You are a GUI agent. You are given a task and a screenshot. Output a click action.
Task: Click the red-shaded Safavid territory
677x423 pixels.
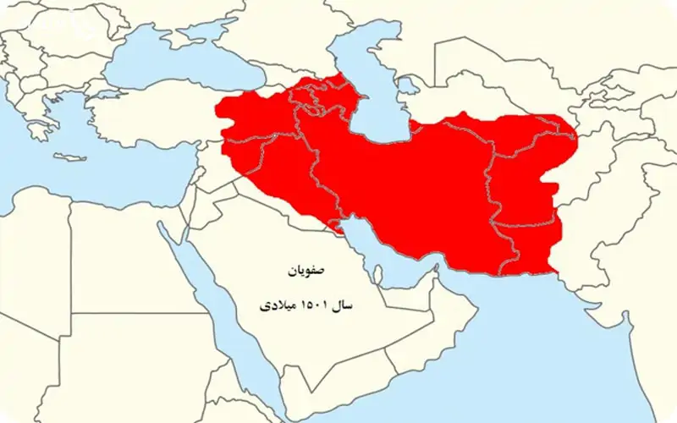(406, 186)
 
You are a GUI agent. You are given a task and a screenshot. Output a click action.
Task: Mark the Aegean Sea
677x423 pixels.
(63, 118)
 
